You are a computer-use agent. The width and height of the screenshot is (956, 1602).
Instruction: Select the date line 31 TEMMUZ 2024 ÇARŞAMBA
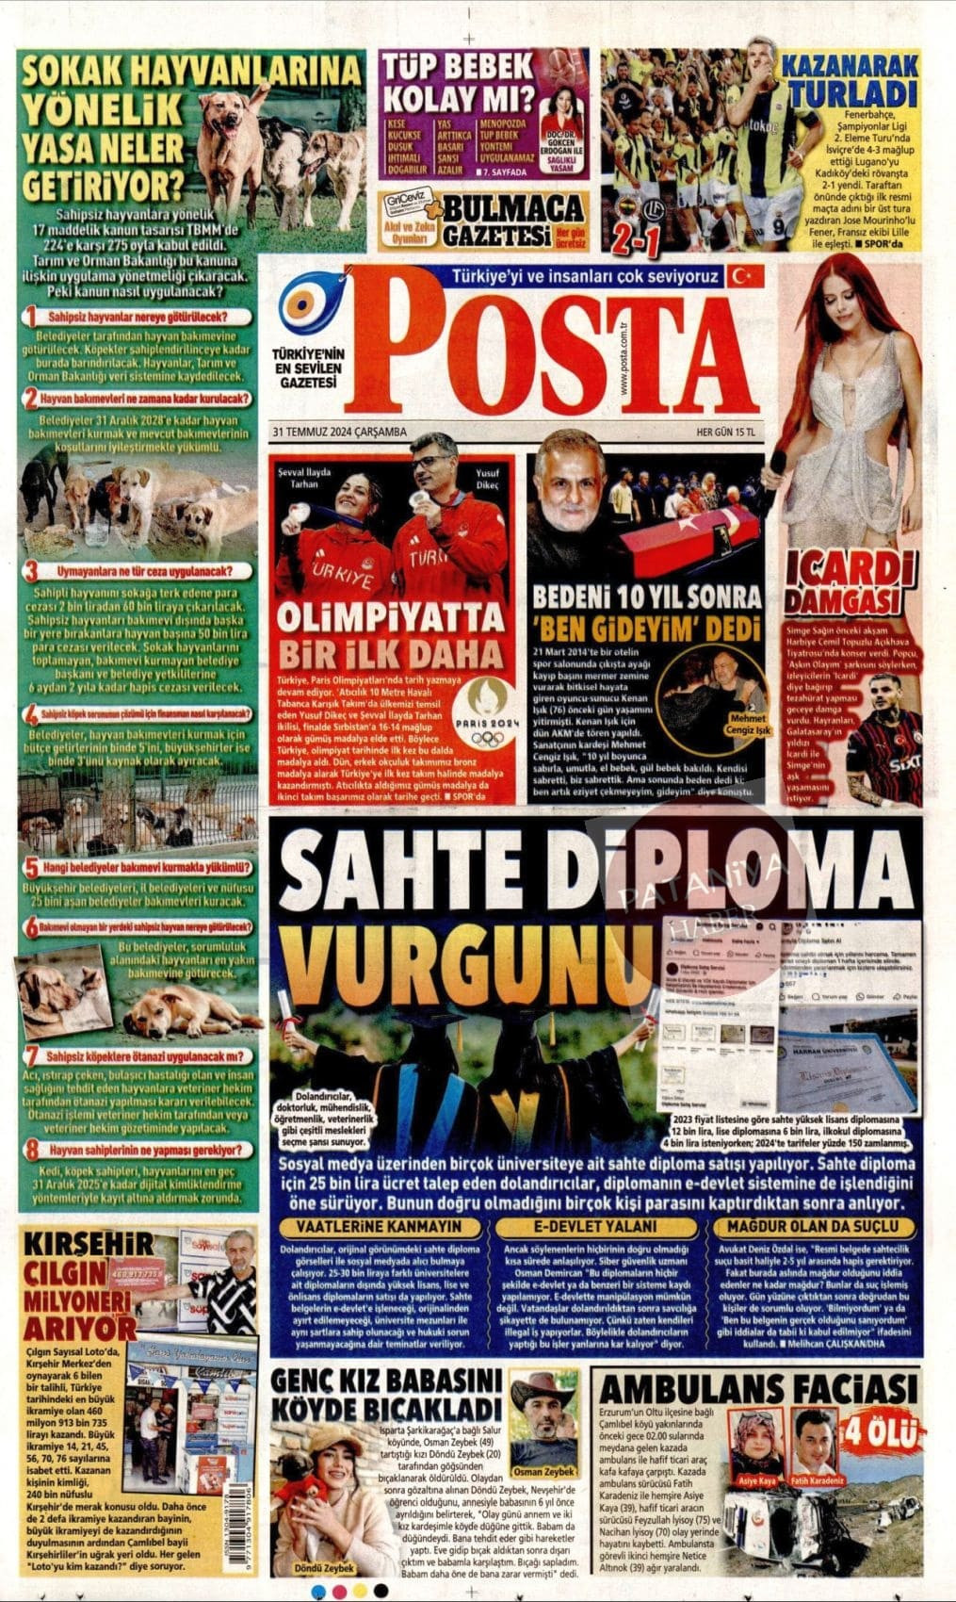click(x=339, y=432)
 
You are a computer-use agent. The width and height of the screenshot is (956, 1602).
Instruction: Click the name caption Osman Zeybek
click(x=544, y=1471)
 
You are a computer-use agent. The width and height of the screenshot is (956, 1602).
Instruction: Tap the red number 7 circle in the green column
click(x=31, y=1055)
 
